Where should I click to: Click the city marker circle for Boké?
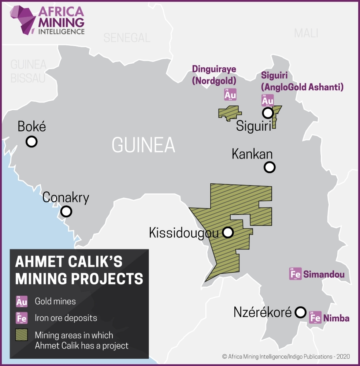(x=31, y=141)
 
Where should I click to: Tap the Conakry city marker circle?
(x=66, y=212)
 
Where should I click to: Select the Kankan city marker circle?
(x=270, y=168)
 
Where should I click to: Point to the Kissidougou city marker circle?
(x=228, y=232)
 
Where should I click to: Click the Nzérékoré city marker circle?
(x=300, y=312)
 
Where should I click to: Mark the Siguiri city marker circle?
(x=268, y=113)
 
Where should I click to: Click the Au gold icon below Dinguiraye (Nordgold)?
(x=230, y=94)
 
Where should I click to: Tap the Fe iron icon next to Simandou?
(x=295, y=274)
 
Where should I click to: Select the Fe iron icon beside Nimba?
(x=315, y=317)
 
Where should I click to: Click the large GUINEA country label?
(x=143, y=145)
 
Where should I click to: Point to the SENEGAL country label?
(x=127, y=38)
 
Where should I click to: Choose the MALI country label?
(x=306, y=33)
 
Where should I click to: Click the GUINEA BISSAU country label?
(x=28, y=71)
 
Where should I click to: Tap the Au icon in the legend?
(x=22, y=302)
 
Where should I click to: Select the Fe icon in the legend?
(x=22, y=318)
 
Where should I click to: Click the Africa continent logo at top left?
(x=23, y=20)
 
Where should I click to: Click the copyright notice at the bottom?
(x=286, y=356)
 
